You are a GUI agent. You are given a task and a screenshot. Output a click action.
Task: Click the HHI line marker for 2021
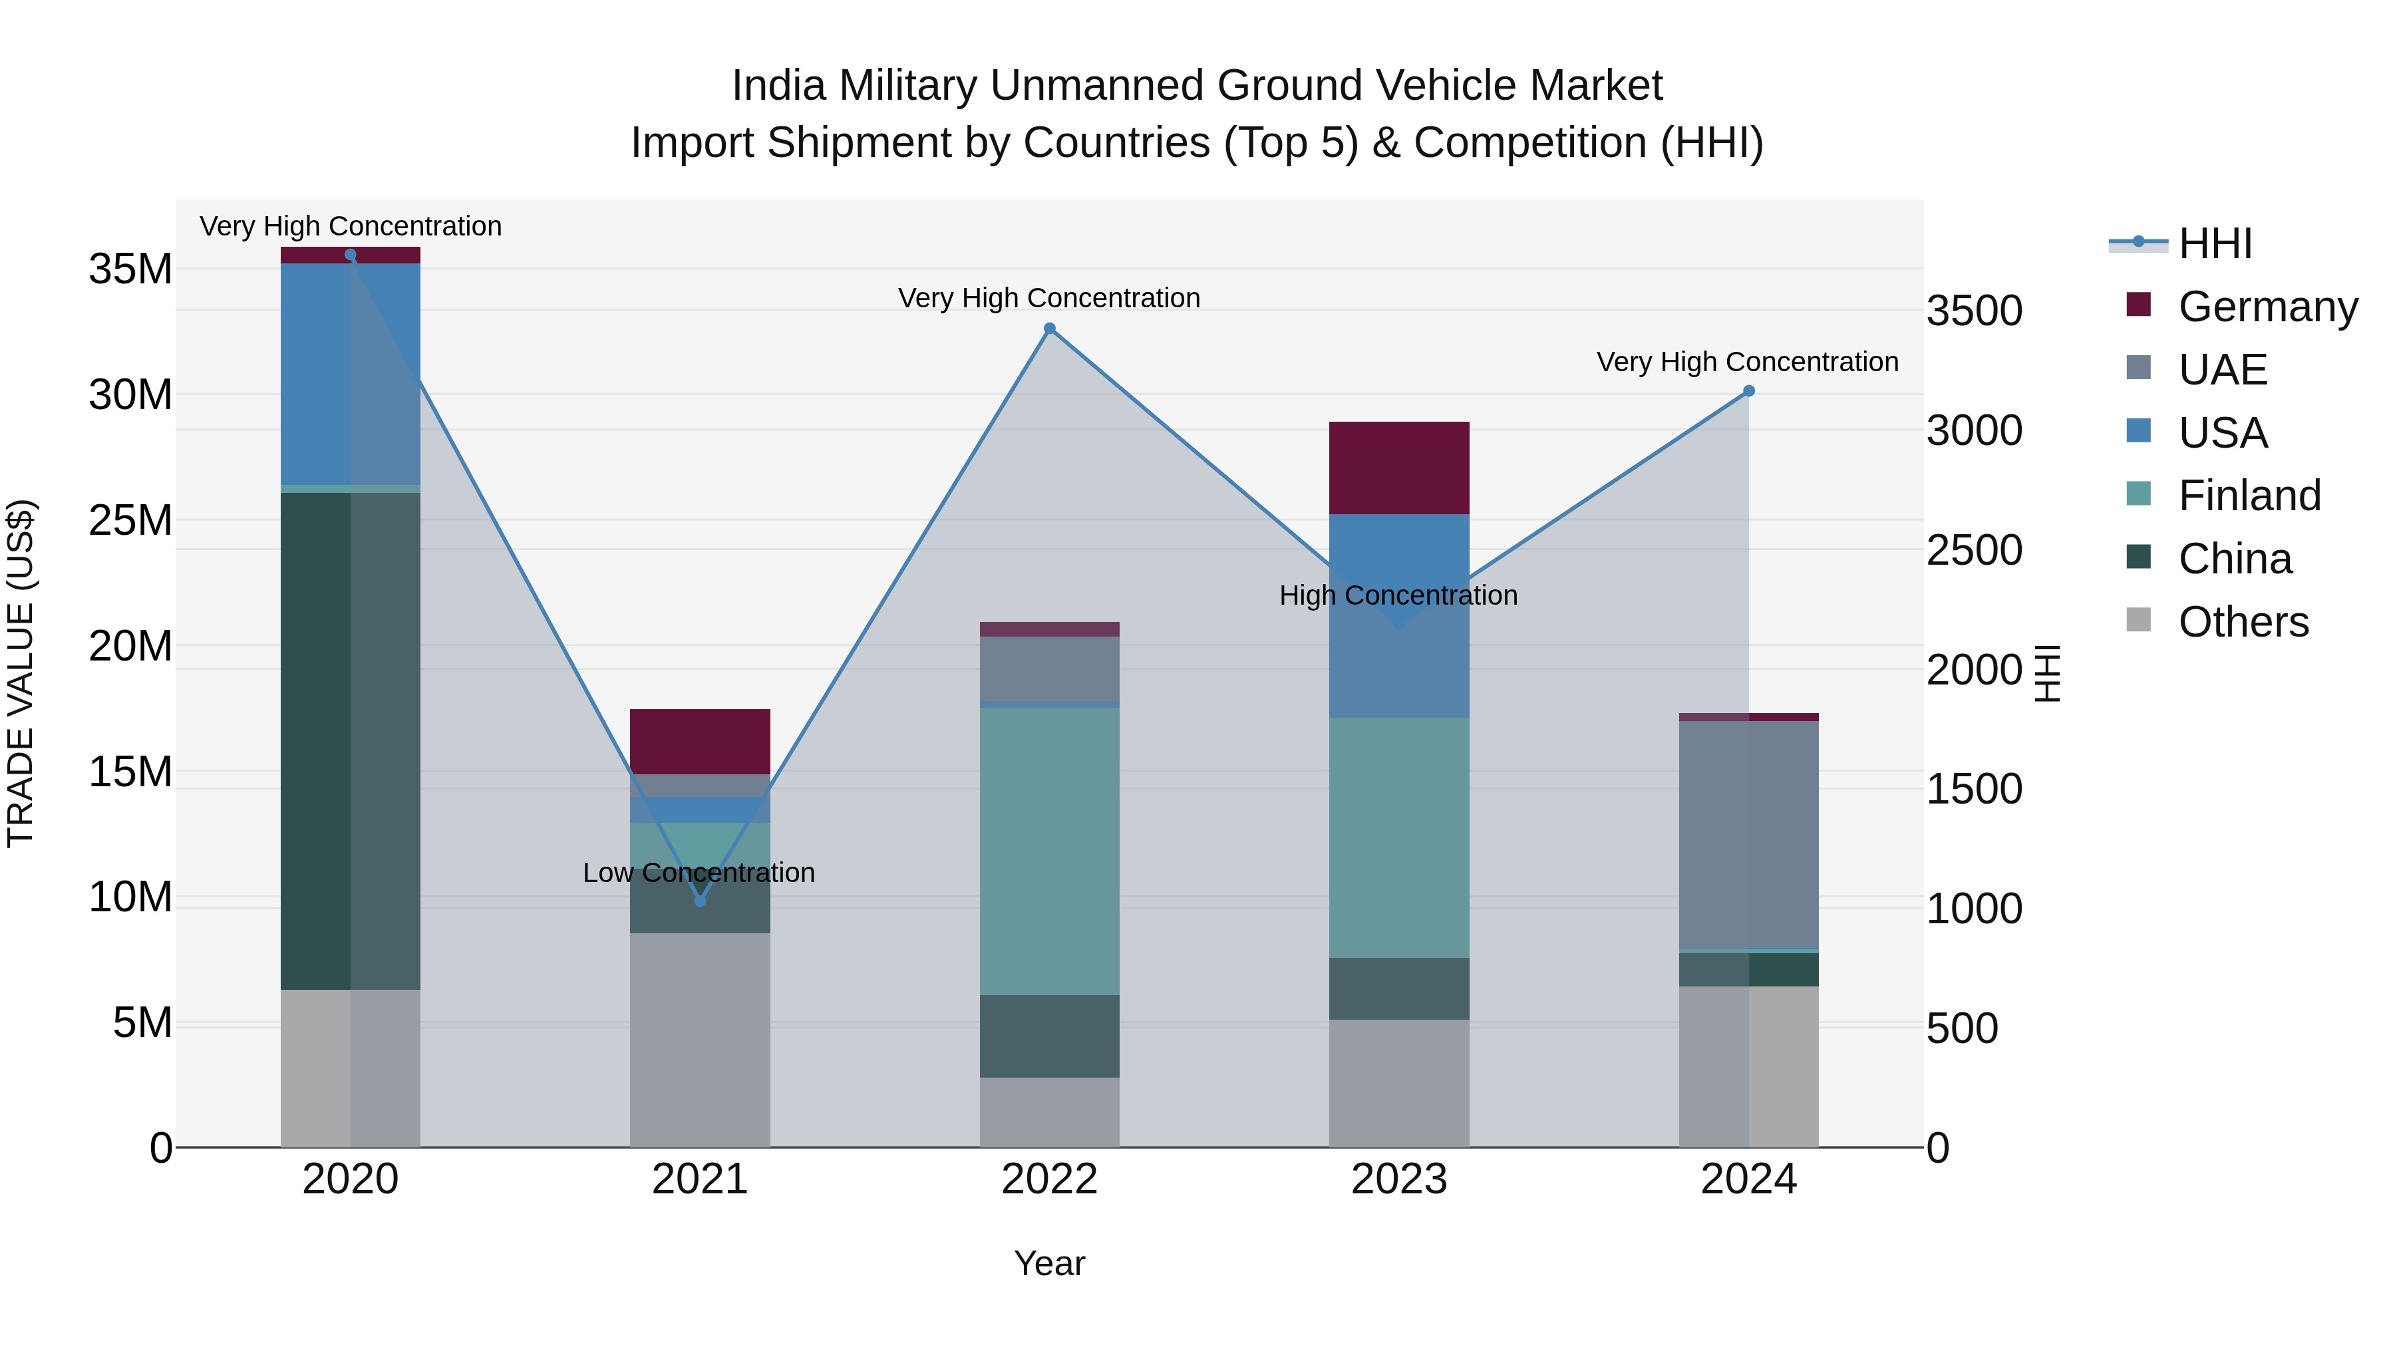click(x=700, y=901)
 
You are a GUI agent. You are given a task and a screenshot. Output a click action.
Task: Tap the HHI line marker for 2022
click(x=1050, y=328)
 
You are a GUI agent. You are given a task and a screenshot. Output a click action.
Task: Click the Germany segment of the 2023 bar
click(x=1399, y=468)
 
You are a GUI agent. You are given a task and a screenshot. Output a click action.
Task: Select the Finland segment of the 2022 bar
click(x=1050, y=851)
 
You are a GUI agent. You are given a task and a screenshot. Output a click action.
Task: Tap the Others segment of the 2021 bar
click(x=700, y=1039)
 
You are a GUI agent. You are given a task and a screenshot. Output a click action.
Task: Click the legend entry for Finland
click(x=2249, y=496)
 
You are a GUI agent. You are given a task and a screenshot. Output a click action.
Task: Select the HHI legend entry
click(x=2215, y=243)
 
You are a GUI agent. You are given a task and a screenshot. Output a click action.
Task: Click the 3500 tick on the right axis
click(x=1974, y=311)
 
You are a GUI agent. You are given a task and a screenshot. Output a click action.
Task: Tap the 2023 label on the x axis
click(x=1399, y=1179)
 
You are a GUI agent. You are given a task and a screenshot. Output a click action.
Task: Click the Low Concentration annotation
click(x=699, y=873)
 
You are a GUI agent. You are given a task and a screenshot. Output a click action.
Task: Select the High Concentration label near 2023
click(x=1398, y=595)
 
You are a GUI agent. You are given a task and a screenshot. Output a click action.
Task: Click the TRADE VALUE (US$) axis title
click(x=21, y=673)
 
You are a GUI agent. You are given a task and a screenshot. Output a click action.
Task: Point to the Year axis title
click(x=1050, y=1263)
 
